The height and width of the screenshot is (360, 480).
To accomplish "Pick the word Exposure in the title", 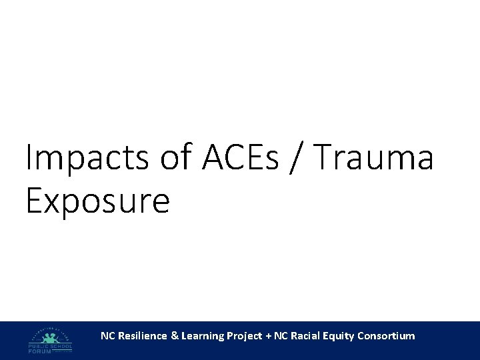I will point(97,200).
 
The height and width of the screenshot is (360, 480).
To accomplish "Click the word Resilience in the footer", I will point(141,336).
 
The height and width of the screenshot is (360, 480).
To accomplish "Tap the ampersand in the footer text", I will point(175,336).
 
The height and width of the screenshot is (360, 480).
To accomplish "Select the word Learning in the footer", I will point(203,336).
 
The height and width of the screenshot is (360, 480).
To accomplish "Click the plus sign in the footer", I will point(268,336).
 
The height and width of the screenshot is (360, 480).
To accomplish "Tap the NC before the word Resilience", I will point(107,336).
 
